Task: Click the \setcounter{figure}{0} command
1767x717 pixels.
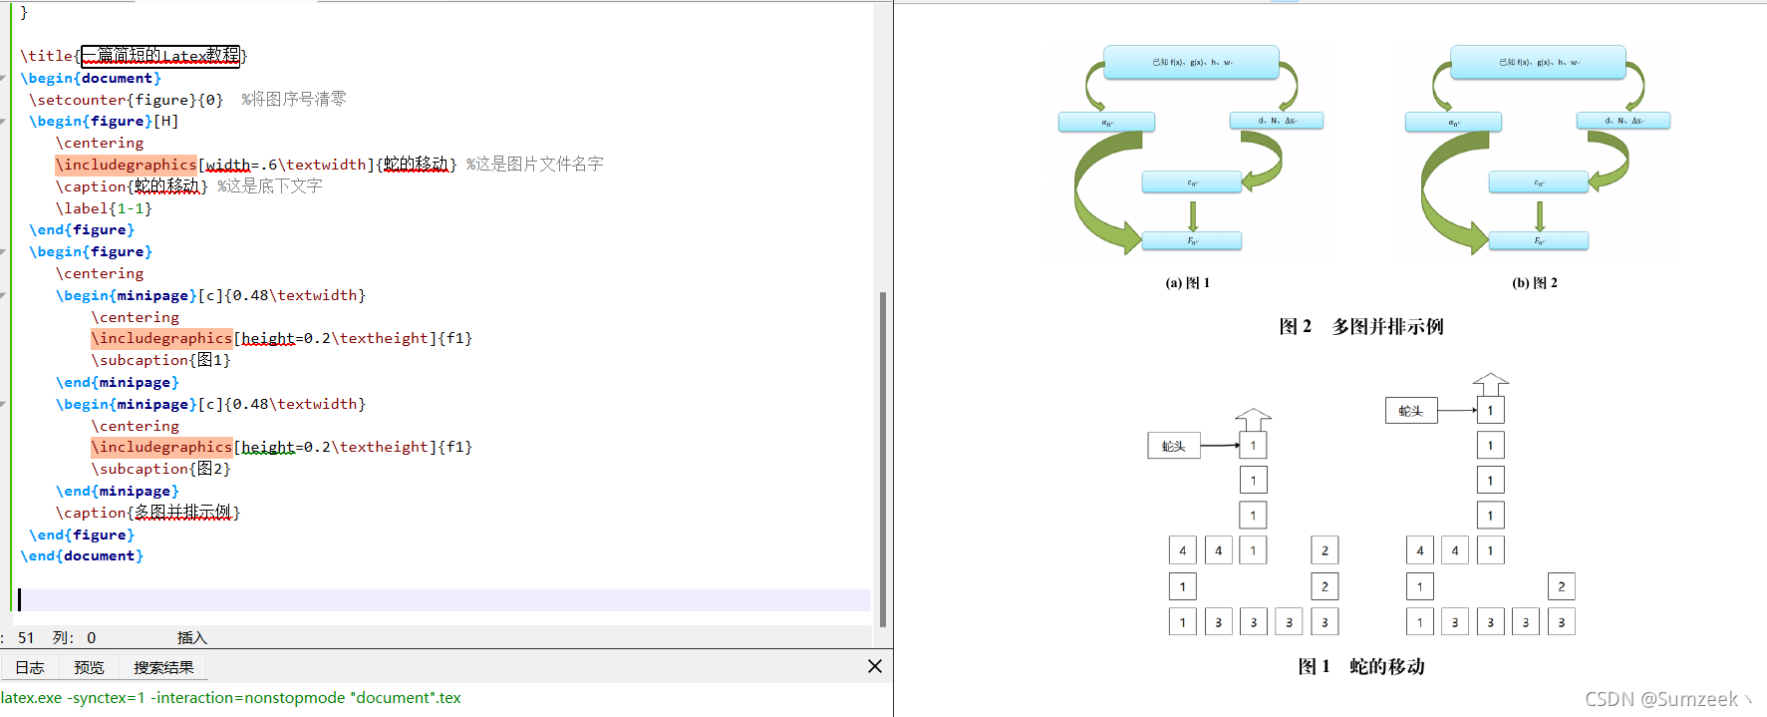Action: point(126,100)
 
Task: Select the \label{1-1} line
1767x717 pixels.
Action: point(104,208)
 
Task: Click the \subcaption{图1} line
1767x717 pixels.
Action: point(160,360)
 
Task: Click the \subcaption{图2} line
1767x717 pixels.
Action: point(160,469)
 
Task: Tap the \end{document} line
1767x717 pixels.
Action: point(82,556)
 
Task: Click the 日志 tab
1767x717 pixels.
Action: point(30,668)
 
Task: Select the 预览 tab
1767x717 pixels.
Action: point(89,668)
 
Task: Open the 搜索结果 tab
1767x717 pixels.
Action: point(163,668)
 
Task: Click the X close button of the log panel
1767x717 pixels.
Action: point(875,666)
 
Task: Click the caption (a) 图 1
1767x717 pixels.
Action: point(1188,283)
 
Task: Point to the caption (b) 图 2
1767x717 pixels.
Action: point(1535,283)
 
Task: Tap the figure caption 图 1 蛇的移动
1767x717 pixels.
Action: point(1361,666)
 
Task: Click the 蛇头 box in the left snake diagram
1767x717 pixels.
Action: point(1174,446)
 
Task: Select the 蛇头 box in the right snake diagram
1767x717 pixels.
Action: point(1411,411)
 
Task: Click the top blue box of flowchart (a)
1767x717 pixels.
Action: point(1191,62)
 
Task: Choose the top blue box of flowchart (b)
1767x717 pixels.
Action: point(1538,62)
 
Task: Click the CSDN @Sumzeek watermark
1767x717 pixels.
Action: point(1661,699)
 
